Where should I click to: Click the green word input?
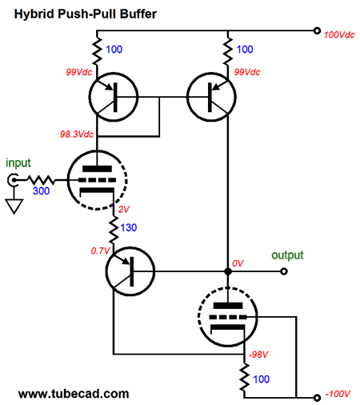(x=18, y=162)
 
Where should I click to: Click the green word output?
(x=288, y=255)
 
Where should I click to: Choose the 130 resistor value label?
(x=130, y=228)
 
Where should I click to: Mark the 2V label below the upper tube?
(x=124, y=209)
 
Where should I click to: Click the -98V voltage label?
(x=257, y=353)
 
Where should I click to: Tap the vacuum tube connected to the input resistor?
(x=91, y=178)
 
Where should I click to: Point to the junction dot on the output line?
(x=228, y=272)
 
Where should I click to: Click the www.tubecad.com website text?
(x=73, y=394)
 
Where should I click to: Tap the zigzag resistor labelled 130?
(x=113, y=228)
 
